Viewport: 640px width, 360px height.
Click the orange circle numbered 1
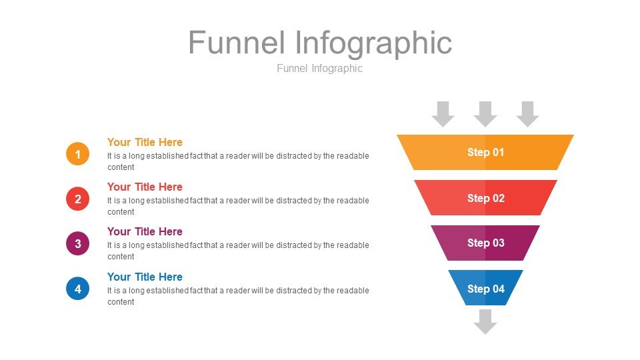(x=77, y=154)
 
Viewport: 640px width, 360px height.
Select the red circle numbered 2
(x=77, y=199)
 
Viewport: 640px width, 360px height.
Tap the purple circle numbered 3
(x=77, y=244)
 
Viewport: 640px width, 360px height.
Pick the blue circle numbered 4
(x=77, y=289)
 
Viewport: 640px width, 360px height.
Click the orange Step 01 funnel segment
(x=485, y=152)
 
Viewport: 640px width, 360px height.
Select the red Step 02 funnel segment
(x=485, y=197)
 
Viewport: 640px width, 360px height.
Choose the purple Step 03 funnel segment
(x=485, y=243)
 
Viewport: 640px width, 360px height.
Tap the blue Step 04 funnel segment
(x=485, y=288)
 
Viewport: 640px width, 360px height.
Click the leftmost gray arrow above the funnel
(x=443, y=114)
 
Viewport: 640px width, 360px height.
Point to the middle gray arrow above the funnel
(x=485, y=114)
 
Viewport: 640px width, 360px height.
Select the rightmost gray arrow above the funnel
(x=528, y=114)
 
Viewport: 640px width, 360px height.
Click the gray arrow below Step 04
(x=485, y=322)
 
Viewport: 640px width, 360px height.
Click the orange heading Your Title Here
(x=145, y=142)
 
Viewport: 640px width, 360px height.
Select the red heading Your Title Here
(x=145, y=187)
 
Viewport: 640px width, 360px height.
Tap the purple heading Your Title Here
(x=145, y=231)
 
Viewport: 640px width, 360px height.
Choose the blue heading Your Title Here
(x=145, y=277)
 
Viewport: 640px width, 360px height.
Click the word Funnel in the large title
(x=236, y=43)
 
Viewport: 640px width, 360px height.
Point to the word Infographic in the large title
(x=373, y=44)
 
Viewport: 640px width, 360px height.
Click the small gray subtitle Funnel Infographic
(x=319, y=68)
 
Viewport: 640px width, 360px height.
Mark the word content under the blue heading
(x=121, y=302)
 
